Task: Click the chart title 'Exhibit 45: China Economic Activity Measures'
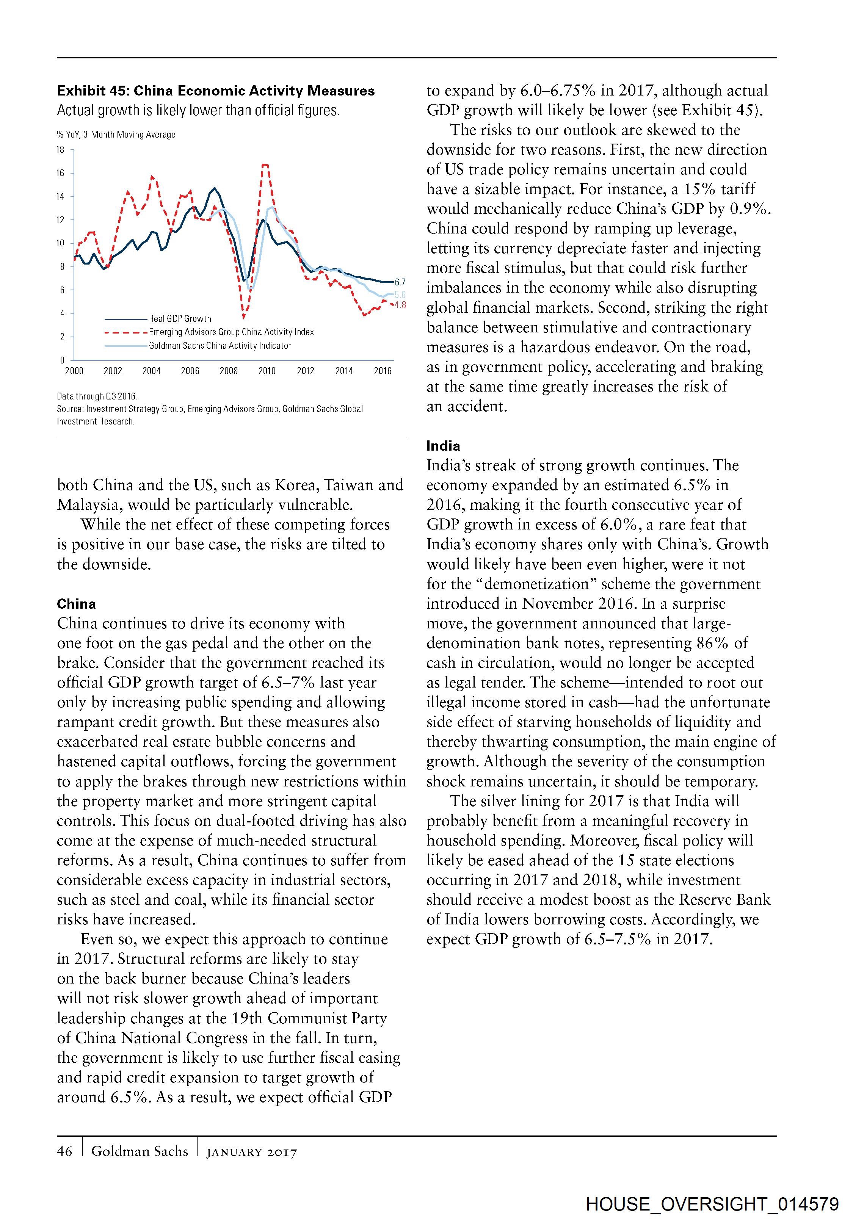[x=216, y=91]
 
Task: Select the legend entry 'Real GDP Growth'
[x=180, y=319]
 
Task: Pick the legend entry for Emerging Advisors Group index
[x=231, y=332]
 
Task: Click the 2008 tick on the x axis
[x=229, y=371]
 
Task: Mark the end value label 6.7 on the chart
[x=400, y=282]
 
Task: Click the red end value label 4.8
[x=400, y=305]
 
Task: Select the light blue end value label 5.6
[x=400, y=294]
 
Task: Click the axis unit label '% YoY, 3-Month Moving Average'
[x=116, y=135]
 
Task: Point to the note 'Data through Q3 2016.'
[x=97, y=396]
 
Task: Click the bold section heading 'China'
[x=77, y=604]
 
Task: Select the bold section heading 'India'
[x=443, y=446]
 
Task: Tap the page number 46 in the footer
[x=64, y=1151]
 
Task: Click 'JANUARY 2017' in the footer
[x=251, y=1152]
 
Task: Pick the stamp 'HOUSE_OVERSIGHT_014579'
[x=712, y=1204]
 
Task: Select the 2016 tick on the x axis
[x=383, y=371]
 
